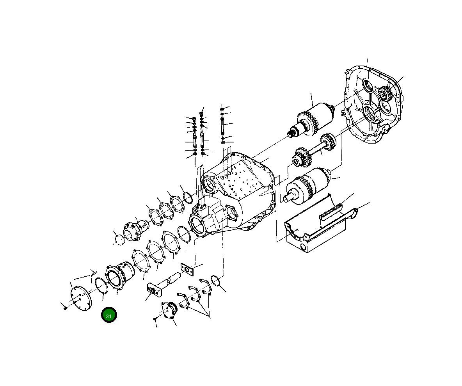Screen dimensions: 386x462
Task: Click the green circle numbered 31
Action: (x=109, y=315)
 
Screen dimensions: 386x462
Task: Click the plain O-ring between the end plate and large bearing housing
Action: (x=101, y=286)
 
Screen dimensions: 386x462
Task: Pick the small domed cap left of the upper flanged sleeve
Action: (x=118, y=237)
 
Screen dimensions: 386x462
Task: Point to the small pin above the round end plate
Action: (x=94, y=272)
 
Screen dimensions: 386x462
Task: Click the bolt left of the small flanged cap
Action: (x=155, y=319)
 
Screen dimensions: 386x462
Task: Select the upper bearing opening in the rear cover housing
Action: (x=368, y=86)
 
